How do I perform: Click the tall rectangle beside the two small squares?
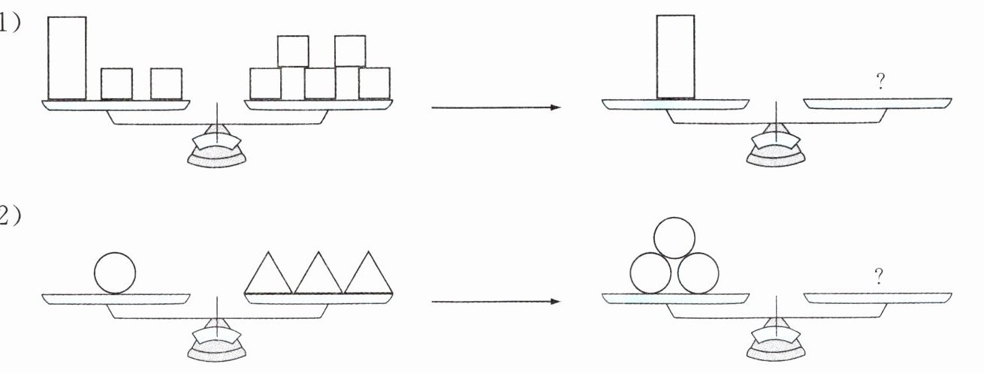[67, 58]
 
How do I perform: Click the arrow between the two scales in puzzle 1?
[496, 108]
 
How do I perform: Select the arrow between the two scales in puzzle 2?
[496, 302]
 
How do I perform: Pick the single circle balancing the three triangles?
[115, 272]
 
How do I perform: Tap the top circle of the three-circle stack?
[675, 238]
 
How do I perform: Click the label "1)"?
[9, 23]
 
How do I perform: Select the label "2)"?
[9, 217]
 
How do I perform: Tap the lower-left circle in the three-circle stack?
[650, 272]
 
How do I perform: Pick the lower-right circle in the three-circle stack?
[699, 272]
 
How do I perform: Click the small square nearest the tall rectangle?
[116, 83]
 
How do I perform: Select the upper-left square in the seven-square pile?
[293, 51]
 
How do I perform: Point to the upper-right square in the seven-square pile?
[350, 51]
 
